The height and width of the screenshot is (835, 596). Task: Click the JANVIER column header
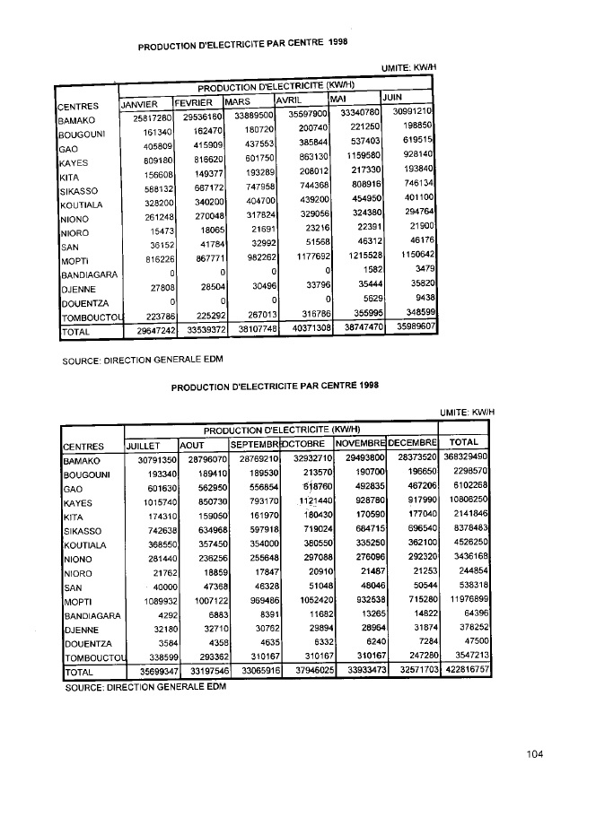(x=139, y=103)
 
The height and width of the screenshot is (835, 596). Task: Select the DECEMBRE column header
(x=411, y=444)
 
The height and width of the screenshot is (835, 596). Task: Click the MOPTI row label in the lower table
(x=78, y=597)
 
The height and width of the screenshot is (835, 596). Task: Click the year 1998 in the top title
(x=337, y=41)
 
